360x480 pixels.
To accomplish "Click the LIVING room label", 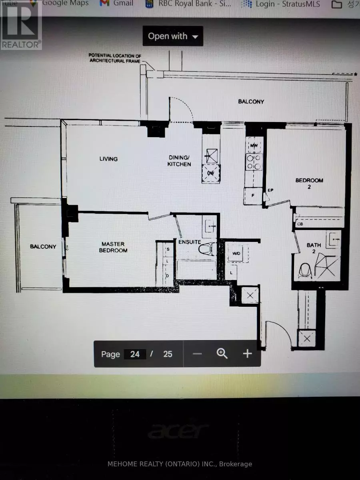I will point(108,159).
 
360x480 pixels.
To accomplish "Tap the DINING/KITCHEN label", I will point(179,161).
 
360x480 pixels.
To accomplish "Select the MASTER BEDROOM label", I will point(113,247).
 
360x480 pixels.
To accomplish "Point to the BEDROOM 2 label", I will point(309,183).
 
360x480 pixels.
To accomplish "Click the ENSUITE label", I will point(190,242).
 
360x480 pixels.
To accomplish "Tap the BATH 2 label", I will point(314,248).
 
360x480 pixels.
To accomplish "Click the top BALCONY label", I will point(251,102).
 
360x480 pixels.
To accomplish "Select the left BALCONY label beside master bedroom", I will point(43,246).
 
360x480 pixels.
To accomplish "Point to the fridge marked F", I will point(253,196).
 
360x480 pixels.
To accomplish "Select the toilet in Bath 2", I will point(305,271).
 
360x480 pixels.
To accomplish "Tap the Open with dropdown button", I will point(173,36).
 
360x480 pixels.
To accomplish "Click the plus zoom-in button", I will point(247,354).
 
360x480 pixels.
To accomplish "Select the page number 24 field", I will point(135,354).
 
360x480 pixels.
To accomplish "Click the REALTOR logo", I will point(21,25).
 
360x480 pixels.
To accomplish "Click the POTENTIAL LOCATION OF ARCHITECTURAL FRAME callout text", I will point(115,58).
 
